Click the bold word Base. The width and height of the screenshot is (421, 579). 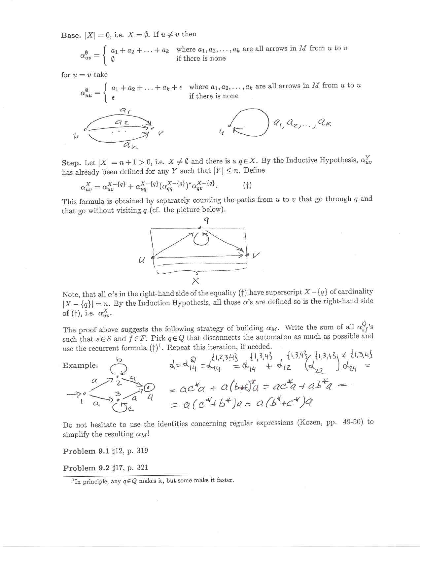71,35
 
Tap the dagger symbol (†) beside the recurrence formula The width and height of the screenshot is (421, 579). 247,186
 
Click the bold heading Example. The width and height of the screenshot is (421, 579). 80,365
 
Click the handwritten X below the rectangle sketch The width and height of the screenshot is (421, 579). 195,281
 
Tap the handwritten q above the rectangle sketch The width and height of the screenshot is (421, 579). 206,221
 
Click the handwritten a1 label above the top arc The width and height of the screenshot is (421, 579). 125,111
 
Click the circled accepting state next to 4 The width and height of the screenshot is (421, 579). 150,387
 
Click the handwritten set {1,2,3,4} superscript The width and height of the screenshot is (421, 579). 224,357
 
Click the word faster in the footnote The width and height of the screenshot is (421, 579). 225,480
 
